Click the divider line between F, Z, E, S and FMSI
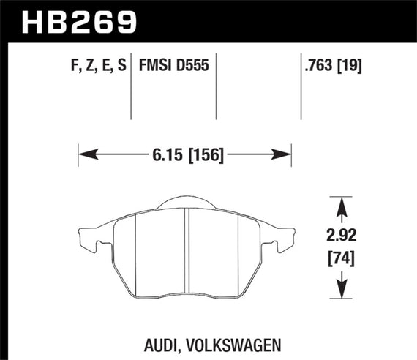(130, 88)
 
